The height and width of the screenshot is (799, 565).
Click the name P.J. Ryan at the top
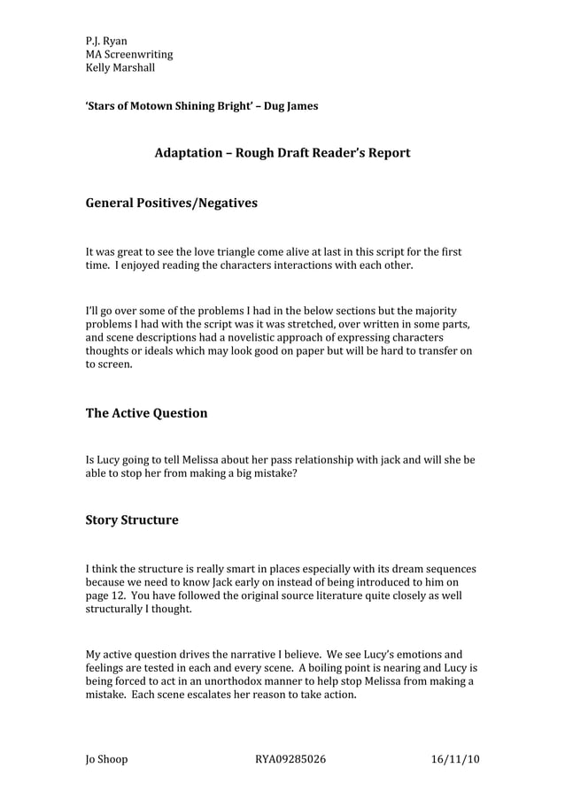pyautogui.click(x=106, y=41)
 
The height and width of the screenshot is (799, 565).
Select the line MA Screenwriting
pyautogui.click(x=129, y=54)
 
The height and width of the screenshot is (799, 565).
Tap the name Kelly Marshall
pyautogui.click(x=120, y=67)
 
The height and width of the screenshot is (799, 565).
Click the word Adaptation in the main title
pyautogui.click(x=188, y=153)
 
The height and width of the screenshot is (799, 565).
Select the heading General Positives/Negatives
pyautogui.click(x=171, y=204)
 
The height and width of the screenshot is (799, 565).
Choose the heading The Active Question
pyautogui.click(x=146, y=413)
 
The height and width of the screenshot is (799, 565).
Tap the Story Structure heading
pyautogui.click(x=131, y=520)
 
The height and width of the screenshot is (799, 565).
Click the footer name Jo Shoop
pyautogui.click(x=106, y=759)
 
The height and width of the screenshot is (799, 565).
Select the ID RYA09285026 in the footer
pyautogui.click(x=290, y=759)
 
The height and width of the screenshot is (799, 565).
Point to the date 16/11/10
pyautogui.click(x=454, y=759)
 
